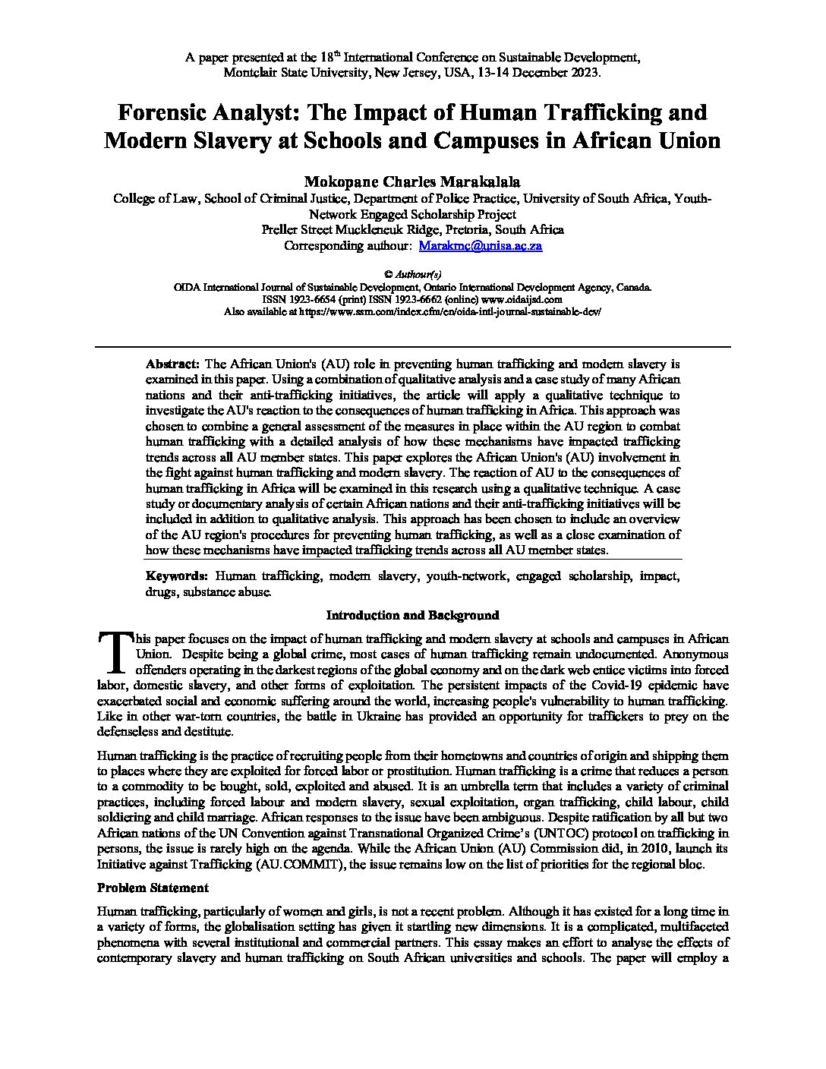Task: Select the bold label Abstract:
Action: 172,364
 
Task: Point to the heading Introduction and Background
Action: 412,615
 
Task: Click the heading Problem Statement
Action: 153,888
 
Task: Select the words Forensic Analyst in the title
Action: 204,112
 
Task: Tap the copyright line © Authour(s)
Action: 412,274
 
